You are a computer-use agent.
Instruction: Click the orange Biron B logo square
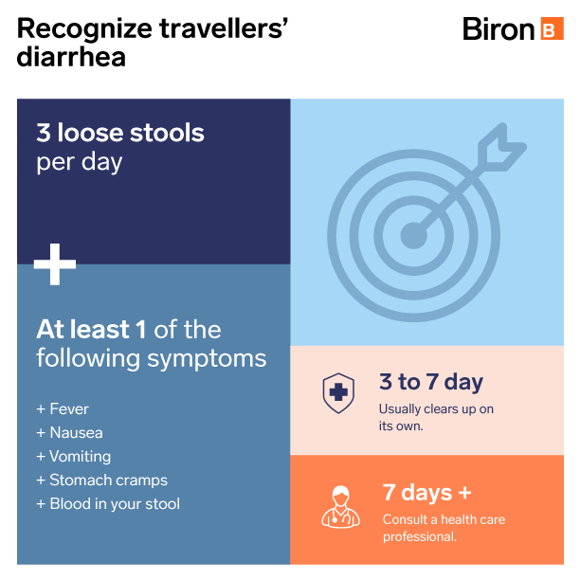[x=552, y=28]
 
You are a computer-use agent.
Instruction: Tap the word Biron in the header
[x=498, y=28]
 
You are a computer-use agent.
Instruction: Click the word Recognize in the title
[x=84, y=29]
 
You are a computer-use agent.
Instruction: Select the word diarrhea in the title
[x=71, y=57]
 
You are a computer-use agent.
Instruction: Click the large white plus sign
[x=55, y=264]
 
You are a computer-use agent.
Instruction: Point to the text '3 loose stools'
[x=120, y=133]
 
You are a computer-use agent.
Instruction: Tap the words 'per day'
[x=80, y=162]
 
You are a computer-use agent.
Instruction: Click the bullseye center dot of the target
[x=413, y=236]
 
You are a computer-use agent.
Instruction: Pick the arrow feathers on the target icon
[x=501, y=147]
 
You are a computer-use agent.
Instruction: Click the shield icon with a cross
[x=338, y=393]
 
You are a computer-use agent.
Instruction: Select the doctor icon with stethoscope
[x=340, y=507]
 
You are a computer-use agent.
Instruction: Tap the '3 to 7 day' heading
[x=431, y=382]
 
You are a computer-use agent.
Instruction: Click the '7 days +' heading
[x=427, y=493]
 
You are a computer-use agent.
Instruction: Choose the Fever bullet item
[x=63, y=409]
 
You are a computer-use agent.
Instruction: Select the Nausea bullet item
[x=69, y=433]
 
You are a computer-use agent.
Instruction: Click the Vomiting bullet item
[x=74, y=457]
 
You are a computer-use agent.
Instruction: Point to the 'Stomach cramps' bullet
[x=101, y=480]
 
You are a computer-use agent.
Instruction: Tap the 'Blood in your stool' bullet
[x=108, y=504]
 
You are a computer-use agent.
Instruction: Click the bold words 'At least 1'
[x=91, y=329]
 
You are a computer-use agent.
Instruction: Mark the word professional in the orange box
[x=420, y=536]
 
